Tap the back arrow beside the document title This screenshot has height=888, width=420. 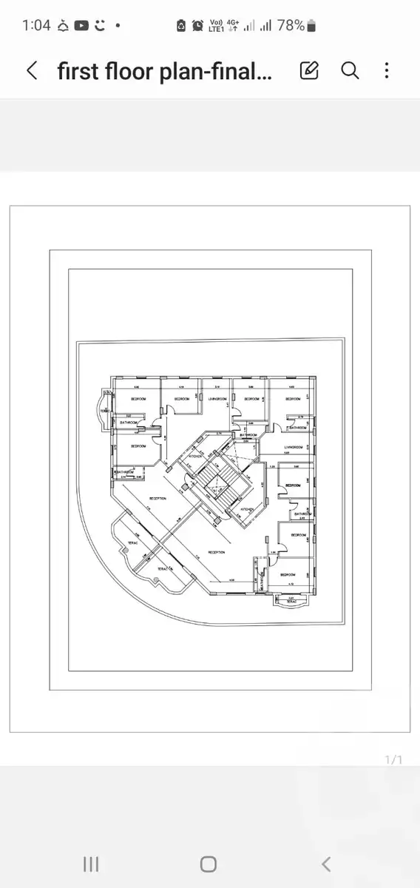(x=32, y=71)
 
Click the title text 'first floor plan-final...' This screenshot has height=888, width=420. (x=165, y=71)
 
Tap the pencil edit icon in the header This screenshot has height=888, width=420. (x=309, y=71)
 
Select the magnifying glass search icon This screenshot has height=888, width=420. (x=350, y=71)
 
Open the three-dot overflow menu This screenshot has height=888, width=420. (x=387, y=71)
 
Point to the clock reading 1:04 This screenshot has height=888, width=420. (x=36, y=25)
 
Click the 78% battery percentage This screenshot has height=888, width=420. (x=291, y=25)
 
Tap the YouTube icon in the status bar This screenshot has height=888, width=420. (x=81, y=25)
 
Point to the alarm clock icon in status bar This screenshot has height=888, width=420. (x=198, y=26)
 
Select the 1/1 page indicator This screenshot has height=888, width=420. (x=393, y=760)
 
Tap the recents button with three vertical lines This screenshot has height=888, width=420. (x=91, y=864)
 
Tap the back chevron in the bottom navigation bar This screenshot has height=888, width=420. (x=326, y=864)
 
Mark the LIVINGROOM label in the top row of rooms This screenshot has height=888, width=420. (x=217, y=399)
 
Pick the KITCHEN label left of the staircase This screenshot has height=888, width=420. (x=195, y=457)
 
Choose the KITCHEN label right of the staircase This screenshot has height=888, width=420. (x=247, y=509)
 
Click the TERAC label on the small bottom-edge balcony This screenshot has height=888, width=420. (x=291, y=602)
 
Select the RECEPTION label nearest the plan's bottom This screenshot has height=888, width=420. (x=217, y=552)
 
